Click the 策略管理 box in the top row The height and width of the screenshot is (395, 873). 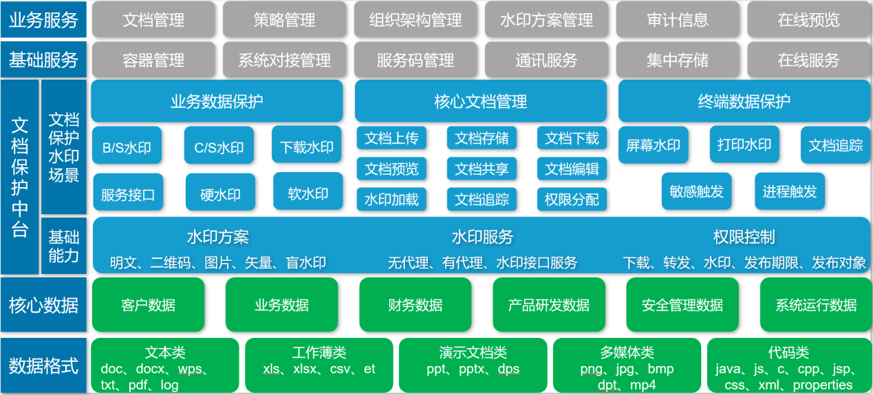(x=284, y=20)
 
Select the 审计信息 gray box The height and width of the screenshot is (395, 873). (x=678, y=20)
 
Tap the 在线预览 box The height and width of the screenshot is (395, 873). (x=808, y=20)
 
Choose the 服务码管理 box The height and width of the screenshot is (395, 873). (x=416, y=61)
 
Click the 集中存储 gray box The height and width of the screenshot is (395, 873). (x=678, y=61)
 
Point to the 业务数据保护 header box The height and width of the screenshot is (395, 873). (x=217, y=101)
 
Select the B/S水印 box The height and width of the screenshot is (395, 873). (x=127, y=146)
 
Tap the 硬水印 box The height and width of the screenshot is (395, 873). (x=220, y=193)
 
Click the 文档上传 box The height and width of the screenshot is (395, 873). (x=391, y=138)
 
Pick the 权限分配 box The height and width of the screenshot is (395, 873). (x=572, y=200)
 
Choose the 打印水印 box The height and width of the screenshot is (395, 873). (x=744, y=145)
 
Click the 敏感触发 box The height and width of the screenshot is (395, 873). (x=696, y=191)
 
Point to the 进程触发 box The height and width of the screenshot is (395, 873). (x=789, y=191)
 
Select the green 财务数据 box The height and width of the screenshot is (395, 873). (x=416, y=305)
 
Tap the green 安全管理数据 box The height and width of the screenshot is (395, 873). (x=682, y=305)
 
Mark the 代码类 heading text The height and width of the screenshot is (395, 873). (x=788, y=352)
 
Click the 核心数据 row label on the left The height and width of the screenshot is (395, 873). (x=43, y=305)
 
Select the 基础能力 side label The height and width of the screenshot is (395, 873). (x=64, y=246)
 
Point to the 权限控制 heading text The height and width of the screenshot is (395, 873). (x=744, y=237)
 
